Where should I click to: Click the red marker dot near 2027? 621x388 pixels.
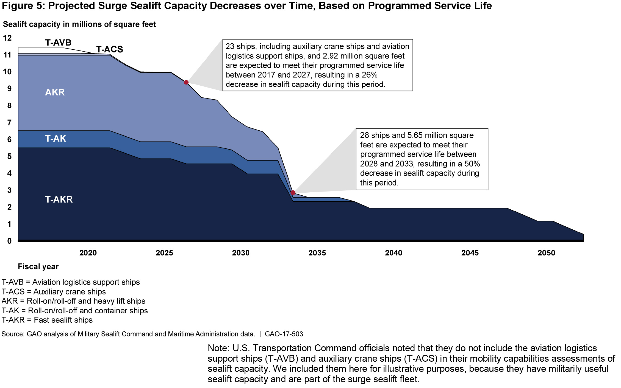[186, 82]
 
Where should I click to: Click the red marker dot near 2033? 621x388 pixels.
[293, 193]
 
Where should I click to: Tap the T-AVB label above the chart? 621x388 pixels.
[58, 43]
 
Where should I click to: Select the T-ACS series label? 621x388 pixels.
[109, 49]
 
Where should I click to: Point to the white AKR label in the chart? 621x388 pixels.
[55, 92]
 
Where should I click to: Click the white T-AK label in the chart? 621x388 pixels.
[56, 139]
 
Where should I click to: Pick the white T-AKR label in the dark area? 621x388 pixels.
[59, 199]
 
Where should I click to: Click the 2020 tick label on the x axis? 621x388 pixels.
[88, 253]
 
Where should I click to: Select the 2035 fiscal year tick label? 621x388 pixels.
[317, 253]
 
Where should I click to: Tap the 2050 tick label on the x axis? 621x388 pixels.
[546, 253]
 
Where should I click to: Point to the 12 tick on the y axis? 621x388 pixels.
[7, 38]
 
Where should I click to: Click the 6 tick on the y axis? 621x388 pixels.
[9, 139]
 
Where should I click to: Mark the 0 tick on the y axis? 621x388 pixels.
[9, 241]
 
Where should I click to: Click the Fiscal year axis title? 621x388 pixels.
[38, 266]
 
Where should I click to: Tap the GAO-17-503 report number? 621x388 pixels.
[284, 334]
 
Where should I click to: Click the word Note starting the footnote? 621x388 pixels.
[218, 348]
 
